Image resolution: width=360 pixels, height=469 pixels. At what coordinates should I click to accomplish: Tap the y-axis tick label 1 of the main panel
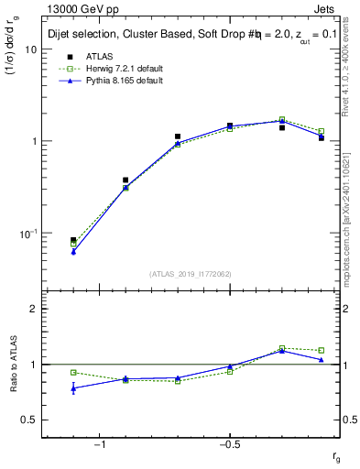click(34, 141)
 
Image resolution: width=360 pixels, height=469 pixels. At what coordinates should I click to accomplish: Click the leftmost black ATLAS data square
click(73, 240)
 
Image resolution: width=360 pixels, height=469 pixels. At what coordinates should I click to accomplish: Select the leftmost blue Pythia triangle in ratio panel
click(73, 388)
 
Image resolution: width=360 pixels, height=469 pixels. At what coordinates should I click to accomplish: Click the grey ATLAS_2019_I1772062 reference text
click(191, 274)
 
